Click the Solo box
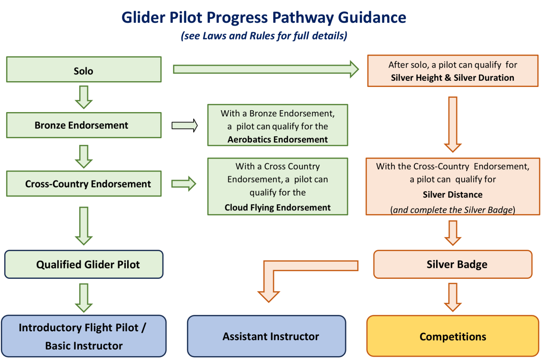(84, 71)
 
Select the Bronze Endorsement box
(84, 125)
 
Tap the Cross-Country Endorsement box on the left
(84, 184)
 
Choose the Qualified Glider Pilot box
(84, 265)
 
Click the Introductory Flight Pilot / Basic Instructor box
(84, 336)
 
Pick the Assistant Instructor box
(267, 336)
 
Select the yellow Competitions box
(453, 336)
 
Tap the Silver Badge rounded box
(453, 265)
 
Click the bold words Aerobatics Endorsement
(278, 139)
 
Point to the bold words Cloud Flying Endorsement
(278, 207)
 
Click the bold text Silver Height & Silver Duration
(453, 77)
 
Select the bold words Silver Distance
(453, 194)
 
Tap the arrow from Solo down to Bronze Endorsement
(84, 97)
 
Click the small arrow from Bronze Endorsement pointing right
(184, 125)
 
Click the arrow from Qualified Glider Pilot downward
(84, 297)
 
